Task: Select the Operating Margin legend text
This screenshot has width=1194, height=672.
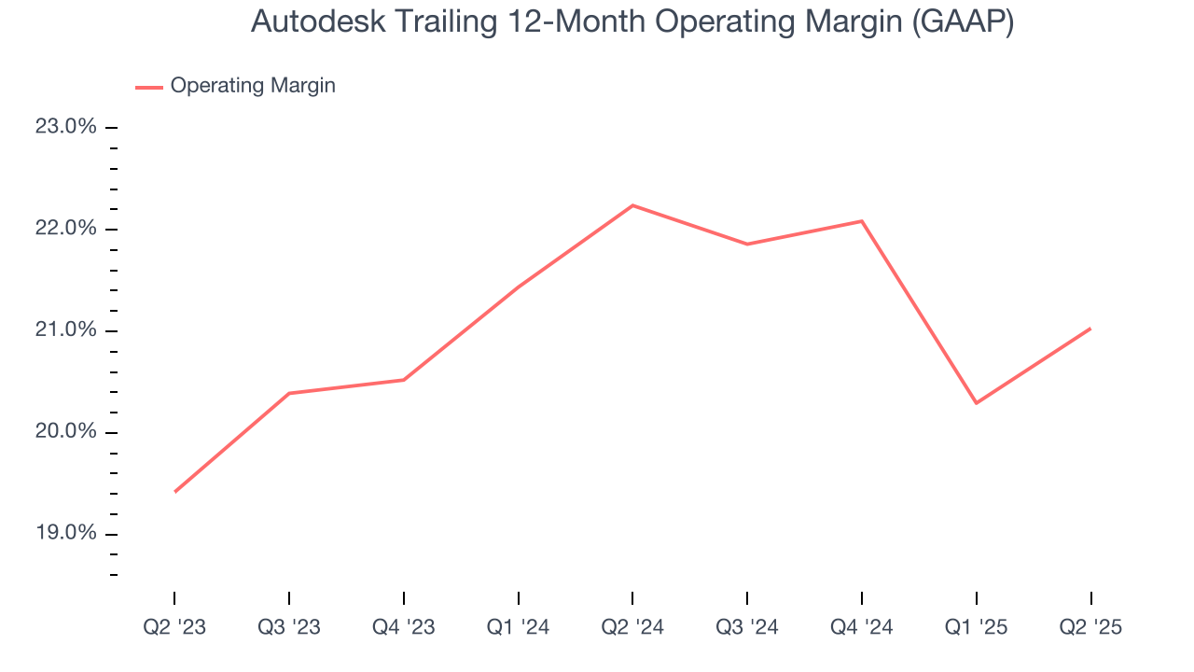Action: [253, 86]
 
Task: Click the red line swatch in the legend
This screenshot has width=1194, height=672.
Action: [149, 87]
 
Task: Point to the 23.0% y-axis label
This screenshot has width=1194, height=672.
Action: [66, 127]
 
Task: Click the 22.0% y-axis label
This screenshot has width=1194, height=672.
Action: [66, 229]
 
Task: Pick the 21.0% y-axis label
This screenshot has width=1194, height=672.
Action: [66, 330]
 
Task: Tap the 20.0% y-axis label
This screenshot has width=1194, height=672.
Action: [66, 432]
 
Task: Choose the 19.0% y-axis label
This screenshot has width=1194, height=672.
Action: [66, 534]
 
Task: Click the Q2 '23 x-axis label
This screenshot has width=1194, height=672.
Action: [174, 627]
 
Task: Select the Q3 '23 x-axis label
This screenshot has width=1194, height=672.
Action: [289, 627]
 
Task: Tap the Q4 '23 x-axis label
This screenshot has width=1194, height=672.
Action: [403, 627]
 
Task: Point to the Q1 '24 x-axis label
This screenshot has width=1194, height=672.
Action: [518, 627]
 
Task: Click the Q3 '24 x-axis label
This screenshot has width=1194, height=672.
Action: [747, 627]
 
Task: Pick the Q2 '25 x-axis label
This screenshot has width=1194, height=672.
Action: [1090, 627]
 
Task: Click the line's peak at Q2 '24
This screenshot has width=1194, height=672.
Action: [632, 205]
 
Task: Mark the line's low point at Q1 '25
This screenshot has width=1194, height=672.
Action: [976, 403]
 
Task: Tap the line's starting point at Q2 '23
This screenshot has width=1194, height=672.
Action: [174, 492]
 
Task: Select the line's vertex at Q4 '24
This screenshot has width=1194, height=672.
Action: [861, 221]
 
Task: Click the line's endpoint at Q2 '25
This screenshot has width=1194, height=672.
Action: [1090, 329]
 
